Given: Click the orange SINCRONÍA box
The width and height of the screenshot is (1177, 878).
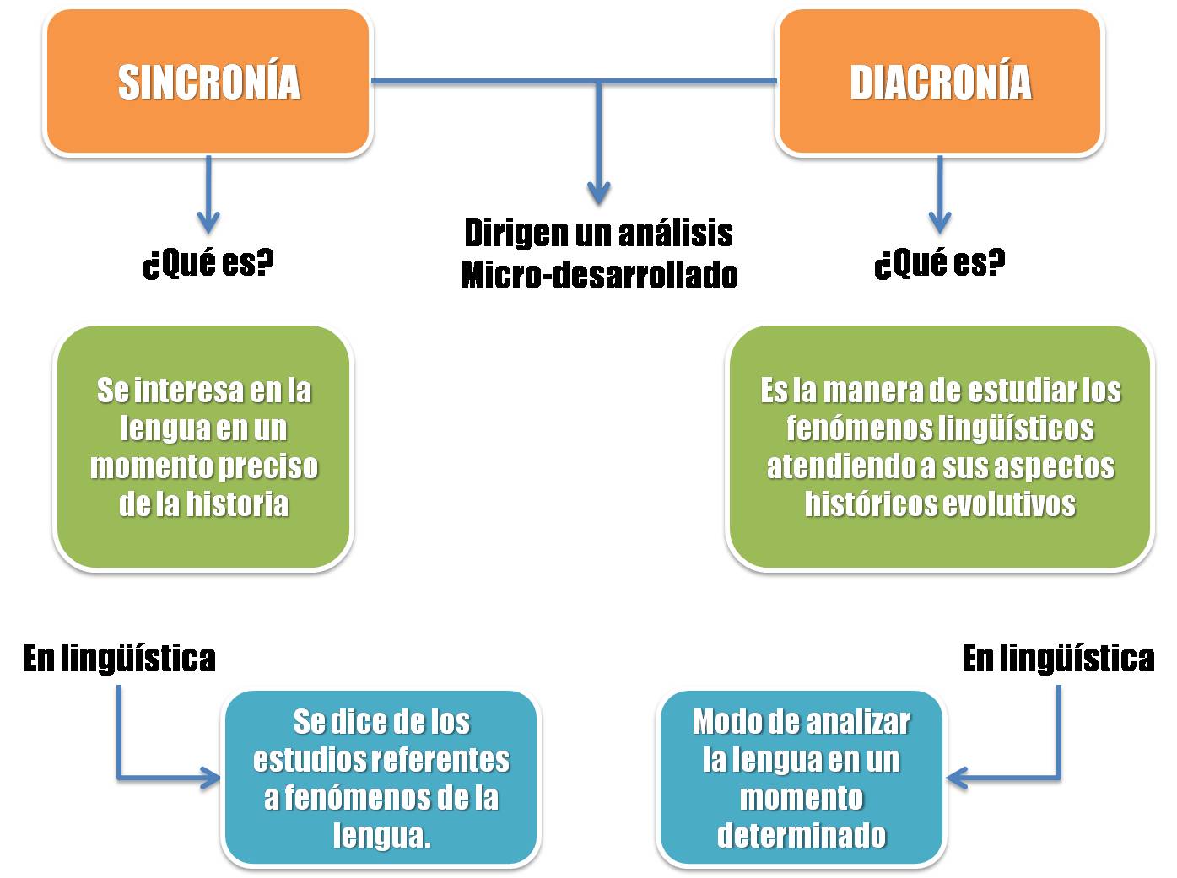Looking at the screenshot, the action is [x=208, y=82].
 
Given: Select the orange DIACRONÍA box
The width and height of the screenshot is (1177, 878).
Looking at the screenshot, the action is [x=939, y=82].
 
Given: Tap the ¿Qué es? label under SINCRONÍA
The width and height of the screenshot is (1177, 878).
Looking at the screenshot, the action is [x=208, y=263].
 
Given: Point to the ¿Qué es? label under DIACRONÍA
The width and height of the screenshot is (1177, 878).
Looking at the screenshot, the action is [x=940, y=263].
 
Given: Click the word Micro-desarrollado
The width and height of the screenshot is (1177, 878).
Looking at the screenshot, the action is [x=599, y=276].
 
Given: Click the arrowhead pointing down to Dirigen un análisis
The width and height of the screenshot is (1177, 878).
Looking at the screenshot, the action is [x=598, y=192].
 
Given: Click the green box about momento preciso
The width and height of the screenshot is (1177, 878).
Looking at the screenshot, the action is [x=203, y=447].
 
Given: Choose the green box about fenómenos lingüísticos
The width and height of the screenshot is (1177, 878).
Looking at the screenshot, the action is [x=940, y=447].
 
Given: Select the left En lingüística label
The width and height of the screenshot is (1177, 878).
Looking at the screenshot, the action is [x=120, y=658].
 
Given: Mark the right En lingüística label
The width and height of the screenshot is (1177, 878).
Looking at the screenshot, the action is [x=1058, y=658].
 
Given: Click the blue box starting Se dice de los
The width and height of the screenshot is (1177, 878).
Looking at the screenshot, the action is [x=381, y=778].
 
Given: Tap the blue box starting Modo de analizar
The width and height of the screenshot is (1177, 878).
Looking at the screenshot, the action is [x=801, y=778].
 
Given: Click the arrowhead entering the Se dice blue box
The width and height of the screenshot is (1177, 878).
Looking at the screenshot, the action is [x=210, y=777].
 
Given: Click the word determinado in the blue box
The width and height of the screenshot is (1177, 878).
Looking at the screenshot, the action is [x=801, y=835].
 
